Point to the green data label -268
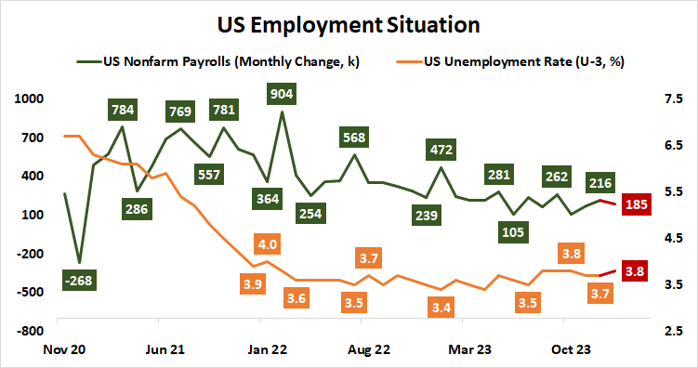pos(83,280)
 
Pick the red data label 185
pos(637,204)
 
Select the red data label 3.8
pos(637,272)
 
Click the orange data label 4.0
pos(268,244)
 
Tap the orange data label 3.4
pos(441,307)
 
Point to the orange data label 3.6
pos(297,298)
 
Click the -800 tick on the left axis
pos(31,330)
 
